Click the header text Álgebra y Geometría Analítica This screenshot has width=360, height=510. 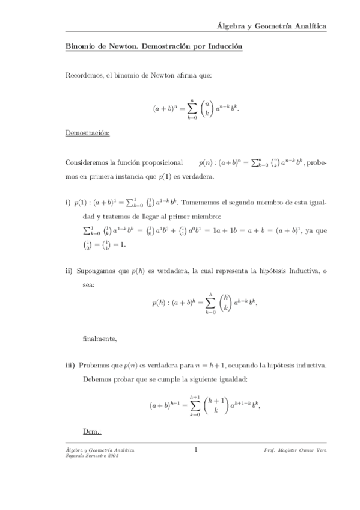coord(272,26)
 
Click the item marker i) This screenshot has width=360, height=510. coord(67,204)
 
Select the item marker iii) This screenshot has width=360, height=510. coord(69,366)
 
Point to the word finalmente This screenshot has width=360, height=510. coord(100,339)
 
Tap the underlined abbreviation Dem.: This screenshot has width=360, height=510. coord(91,432)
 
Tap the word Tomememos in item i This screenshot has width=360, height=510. coord(207,204)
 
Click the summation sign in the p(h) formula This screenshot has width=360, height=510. coord(210,303)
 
